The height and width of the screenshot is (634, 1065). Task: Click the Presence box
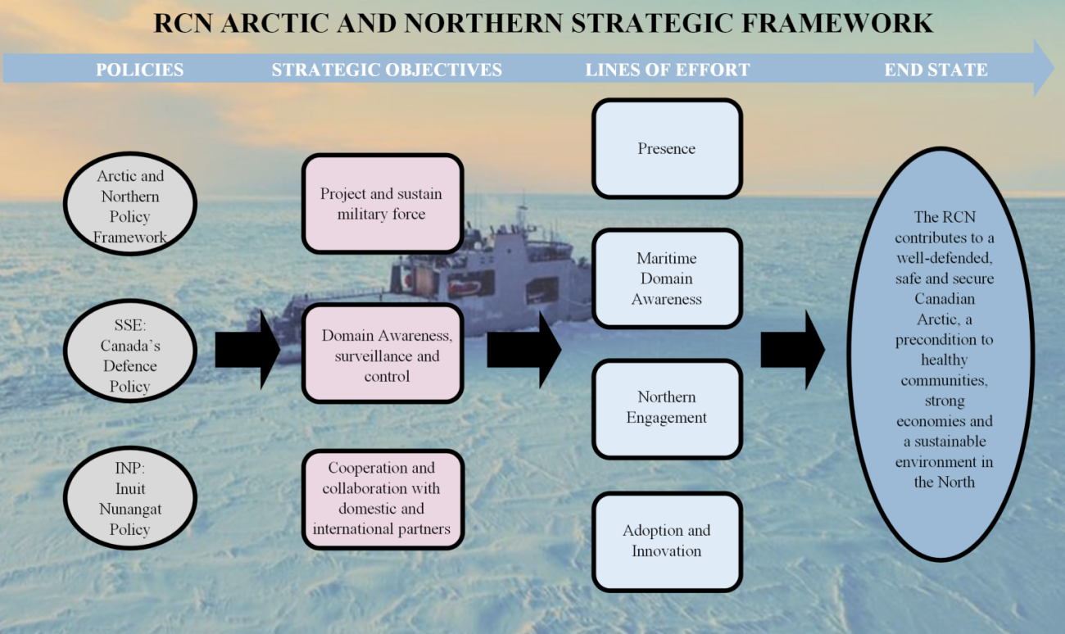click(667, 148)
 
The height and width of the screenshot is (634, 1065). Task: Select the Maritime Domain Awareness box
click(667, 279)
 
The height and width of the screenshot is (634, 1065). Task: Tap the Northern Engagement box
click(667, 409)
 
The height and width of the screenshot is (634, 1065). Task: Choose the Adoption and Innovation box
click(667, 541)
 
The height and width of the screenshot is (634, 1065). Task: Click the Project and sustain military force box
click(383, 203)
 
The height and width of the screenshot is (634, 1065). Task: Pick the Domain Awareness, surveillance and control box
click(383, 353)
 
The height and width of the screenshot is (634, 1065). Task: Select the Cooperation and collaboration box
click(383, 499)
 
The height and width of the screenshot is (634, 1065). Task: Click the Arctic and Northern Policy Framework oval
click(129, 203)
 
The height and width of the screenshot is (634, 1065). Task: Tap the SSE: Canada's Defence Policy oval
click(129, 351)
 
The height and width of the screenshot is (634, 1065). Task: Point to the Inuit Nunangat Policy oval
click(129, 498)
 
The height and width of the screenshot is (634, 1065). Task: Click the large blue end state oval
click(941, 354)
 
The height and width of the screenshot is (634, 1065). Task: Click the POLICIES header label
click(140, 70)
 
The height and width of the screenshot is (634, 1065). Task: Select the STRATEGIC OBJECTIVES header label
click(387, 70)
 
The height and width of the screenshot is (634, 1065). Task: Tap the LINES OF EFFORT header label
click(668, 70)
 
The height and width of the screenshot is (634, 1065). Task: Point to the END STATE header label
click(936, 70)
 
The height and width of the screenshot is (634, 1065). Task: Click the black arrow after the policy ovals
click(247, 350)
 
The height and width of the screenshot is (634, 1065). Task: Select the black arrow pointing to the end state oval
click(793, 350)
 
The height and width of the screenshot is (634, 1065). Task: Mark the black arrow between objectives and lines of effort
click(524, 350)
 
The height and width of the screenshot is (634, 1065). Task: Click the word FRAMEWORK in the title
click(837, 23)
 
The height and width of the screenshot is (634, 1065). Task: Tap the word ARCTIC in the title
click(274, 23)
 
